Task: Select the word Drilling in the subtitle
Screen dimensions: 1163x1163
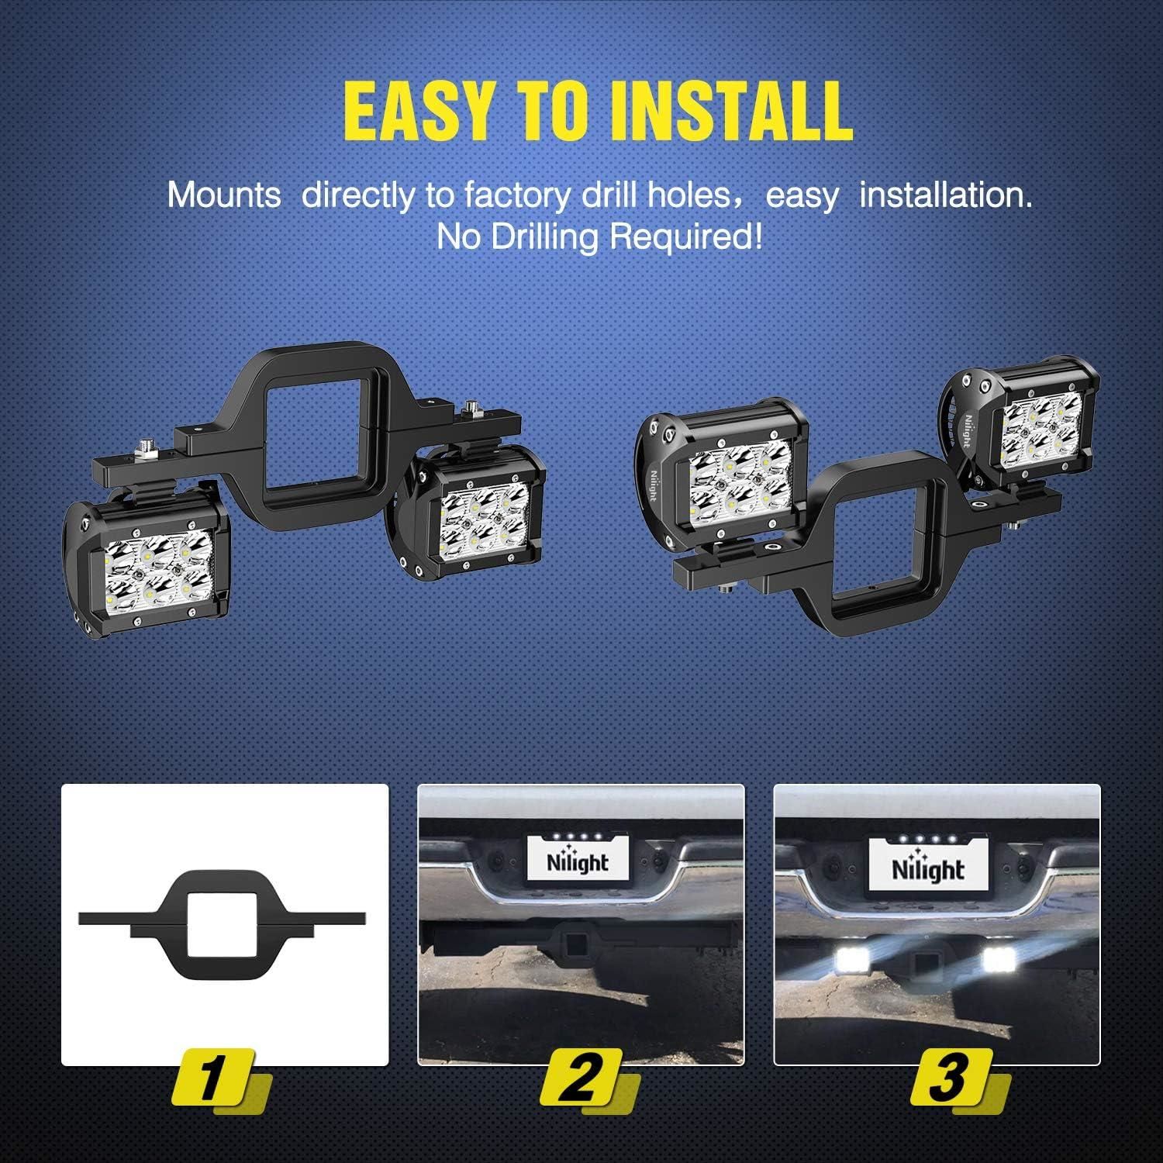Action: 540,236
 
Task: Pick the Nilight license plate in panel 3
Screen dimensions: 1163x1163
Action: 928,868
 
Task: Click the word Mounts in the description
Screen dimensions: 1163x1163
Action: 224,195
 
